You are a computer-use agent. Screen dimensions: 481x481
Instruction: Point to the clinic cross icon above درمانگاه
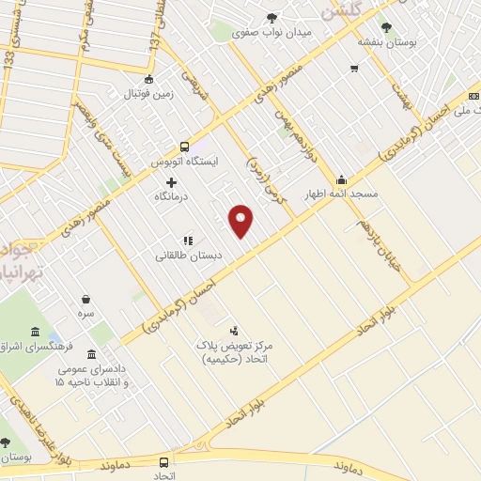(x=171, y=182)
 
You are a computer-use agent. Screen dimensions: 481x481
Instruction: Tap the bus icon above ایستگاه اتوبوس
(x=184, y=147)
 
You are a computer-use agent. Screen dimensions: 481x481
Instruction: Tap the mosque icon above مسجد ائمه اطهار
(x=341, y=179)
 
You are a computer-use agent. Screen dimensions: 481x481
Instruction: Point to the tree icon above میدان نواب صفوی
(x=272, y=17)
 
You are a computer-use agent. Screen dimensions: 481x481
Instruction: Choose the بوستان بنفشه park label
(x=385, y=41)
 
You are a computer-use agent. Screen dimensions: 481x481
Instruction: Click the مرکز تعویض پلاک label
(x=234, y=352)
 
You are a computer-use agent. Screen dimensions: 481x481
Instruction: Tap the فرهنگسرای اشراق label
(x=35, y=348)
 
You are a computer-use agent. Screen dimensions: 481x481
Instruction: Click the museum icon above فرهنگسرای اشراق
(x=35, y=334)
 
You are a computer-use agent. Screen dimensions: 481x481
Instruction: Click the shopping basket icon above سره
(x=85, y=300)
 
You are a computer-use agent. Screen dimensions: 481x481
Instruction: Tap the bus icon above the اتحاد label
(x=164, y=462)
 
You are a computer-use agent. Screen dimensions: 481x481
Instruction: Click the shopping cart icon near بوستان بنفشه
(x=354, y=68)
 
